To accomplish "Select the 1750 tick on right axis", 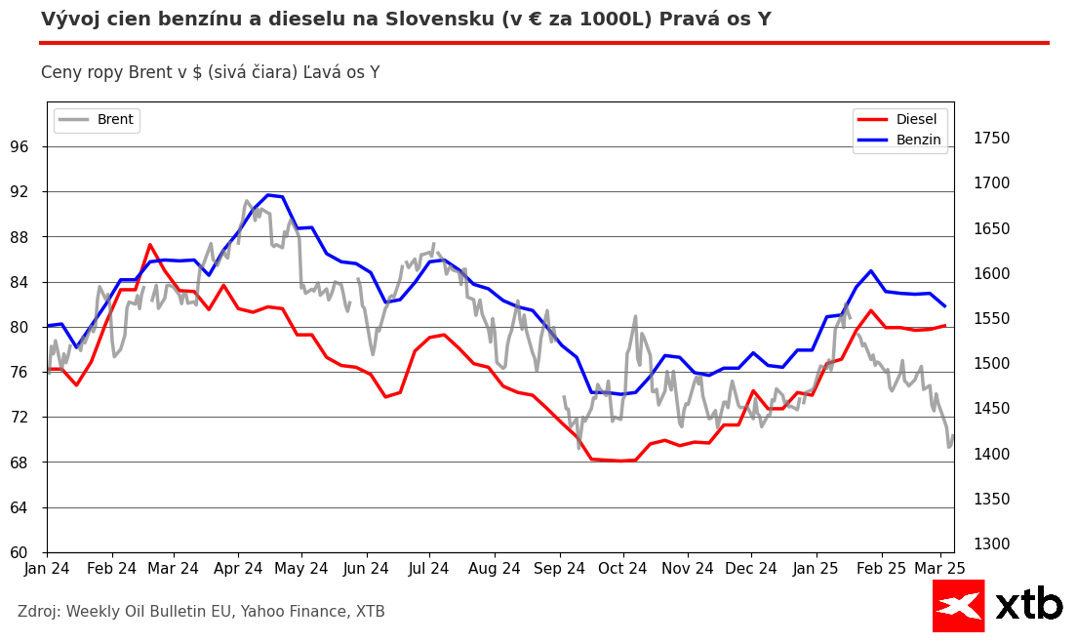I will [991, 139].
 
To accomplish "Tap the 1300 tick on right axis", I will [991, 544].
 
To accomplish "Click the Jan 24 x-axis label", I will [47, 569].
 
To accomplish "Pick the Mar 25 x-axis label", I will [939, 569].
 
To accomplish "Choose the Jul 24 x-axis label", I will [429, 569].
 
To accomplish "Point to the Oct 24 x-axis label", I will [622, 569].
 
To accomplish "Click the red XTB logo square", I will [958, 605].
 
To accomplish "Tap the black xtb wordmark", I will [1028, 605].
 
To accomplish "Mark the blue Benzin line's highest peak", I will [268, 195].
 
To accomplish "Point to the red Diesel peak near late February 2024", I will [149, 245].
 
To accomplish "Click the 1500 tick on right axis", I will [991, 364].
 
